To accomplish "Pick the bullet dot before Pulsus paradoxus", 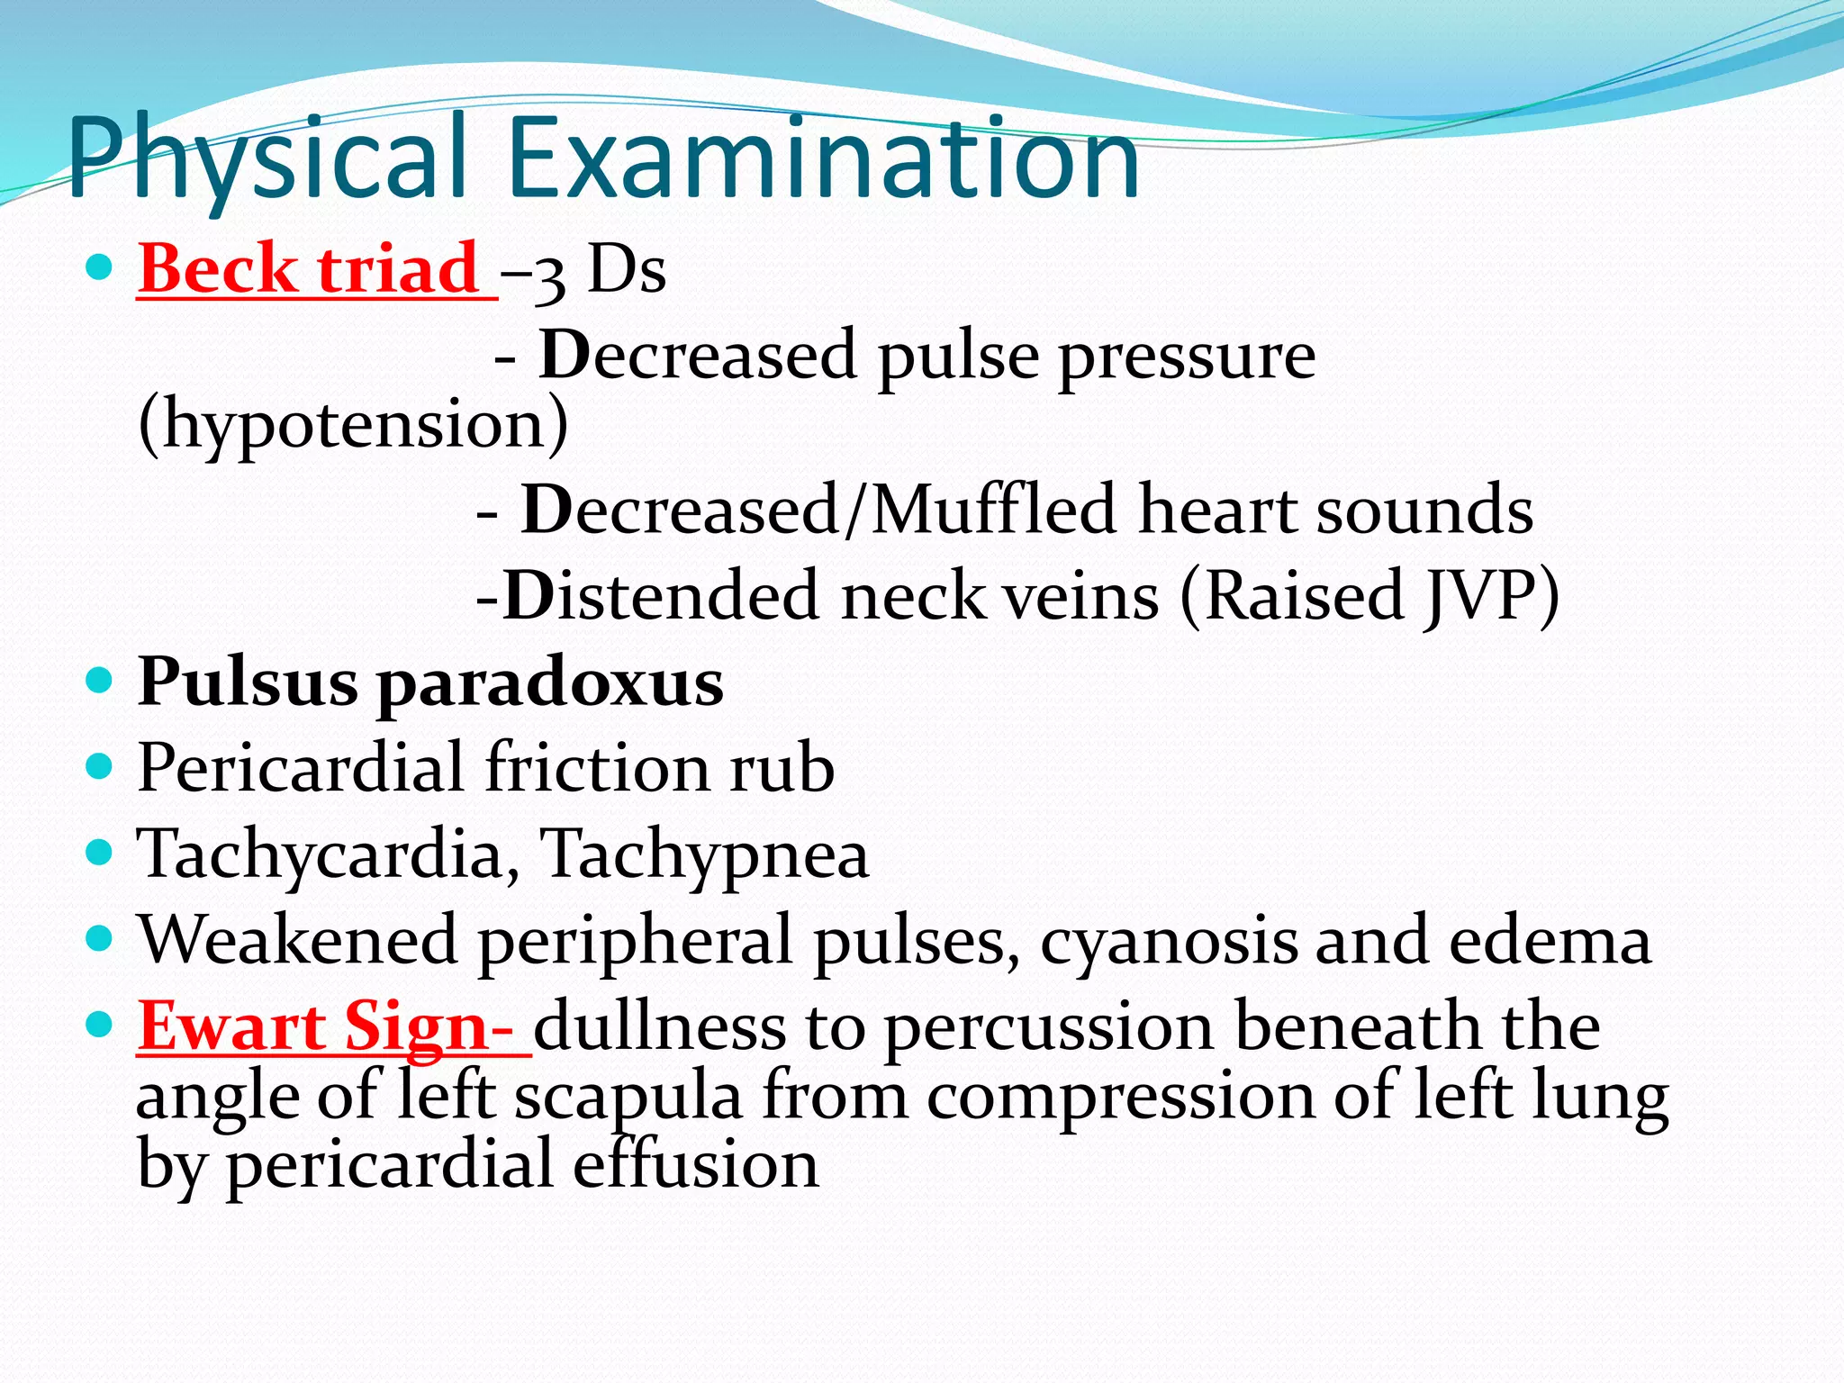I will [x=99, y=680].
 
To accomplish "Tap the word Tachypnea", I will [x=704, y=854].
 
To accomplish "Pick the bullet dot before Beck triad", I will [x=99, y=267].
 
